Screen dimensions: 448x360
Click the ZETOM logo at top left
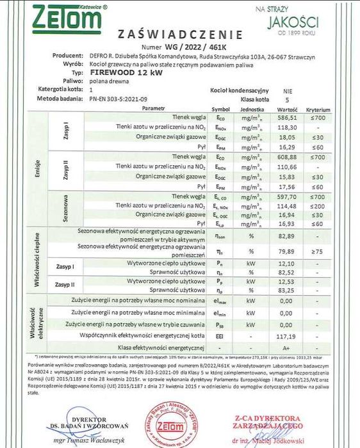55,17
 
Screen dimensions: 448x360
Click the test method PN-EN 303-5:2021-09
120,100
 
